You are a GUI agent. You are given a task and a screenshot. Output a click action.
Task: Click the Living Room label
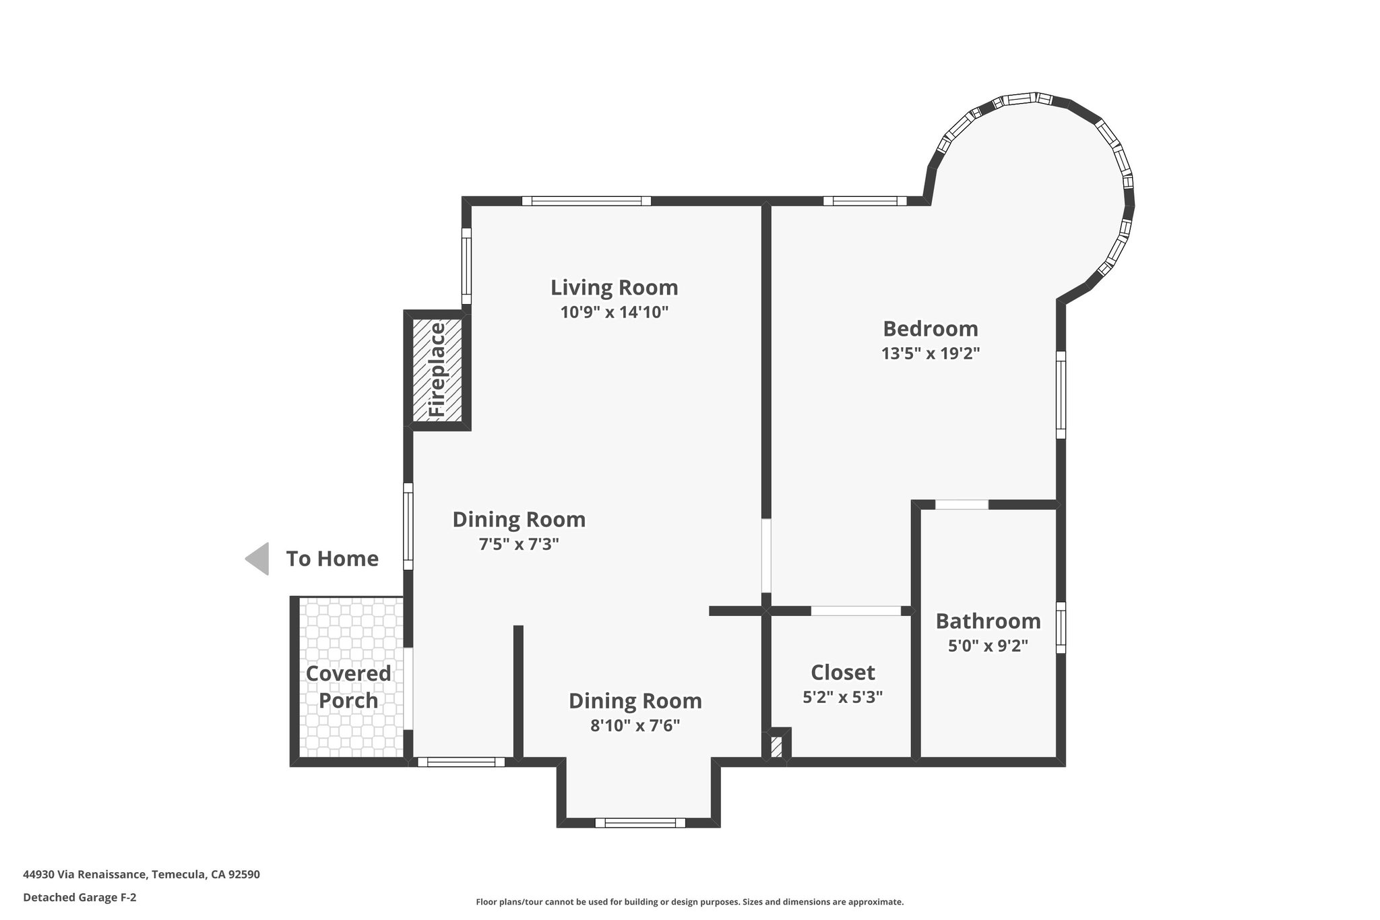point(614,288)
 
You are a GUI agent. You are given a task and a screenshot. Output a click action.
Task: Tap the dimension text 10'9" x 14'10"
point(614,313)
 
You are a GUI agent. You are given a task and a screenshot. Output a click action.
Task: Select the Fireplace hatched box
point(437,370)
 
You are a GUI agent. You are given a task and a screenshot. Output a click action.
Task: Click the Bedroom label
point(930,329)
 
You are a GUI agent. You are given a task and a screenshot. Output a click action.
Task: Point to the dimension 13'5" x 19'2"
point(930,354)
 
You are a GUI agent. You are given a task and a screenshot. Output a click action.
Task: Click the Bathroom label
point(988,621)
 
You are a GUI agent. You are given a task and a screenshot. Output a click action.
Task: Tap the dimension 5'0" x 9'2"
point(988,646)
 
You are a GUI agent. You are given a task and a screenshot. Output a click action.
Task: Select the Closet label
point(842,673)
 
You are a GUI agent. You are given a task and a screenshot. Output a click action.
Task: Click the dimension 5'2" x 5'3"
point(842,698)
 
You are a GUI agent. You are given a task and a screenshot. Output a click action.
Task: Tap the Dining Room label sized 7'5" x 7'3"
point(519,520)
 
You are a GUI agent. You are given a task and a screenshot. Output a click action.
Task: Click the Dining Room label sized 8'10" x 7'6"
point(635,701)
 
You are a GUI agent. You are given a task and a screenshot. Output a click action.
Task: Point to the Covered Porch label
point(348,687)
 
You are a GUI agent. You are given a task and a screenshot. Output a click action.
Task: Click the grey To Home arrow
point(258,559)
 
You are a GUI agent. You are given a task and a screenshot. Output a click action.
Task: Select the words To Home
point(332,559)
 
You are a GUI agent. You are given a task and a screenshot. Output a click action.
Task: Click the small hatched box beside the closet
point(776,747)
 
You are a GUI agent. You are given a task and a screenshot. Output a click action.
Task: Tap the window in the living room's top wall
point(586,201)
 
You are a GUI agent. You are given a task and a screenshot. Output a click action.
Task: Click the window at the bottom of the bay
point(640,822)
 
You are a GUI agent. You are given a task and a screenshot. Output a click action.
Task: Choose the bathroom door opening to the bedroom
point(962,504)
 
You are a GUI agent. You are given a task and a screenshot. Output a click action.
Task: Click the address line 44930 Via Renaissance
point(142,874)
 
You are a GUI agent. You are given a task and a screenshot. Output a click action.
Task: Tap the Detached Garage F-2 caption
point(80,898)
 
